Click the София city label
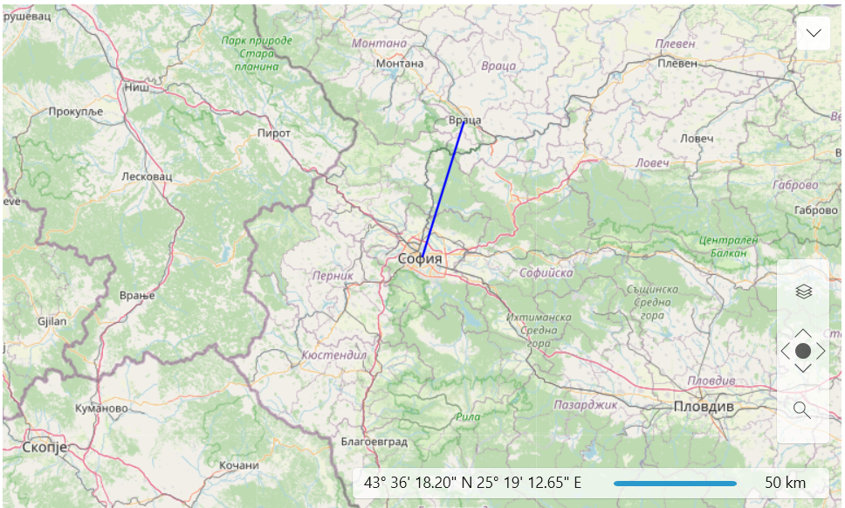[420, 258]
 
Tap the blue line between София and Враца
[443, 189]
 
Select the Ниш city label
[136, 87]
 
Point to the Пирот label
[273, 133]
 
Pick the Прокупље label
[76, 111]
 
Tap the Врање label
[137, 295]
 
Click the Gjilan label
[53, 320]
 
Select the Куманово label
[102, 408]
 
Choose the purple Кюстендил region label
[333, 355]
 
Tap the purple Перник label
[333, 276]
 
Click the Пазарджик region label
[585, 404]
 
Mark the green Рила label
[468, 416]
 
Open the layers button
[803, 292]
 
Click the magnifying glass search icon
[802, 409]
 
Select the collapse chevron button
[814, 33]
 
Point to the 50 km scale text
[785, 483]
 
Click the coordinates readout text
[472, 483]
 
